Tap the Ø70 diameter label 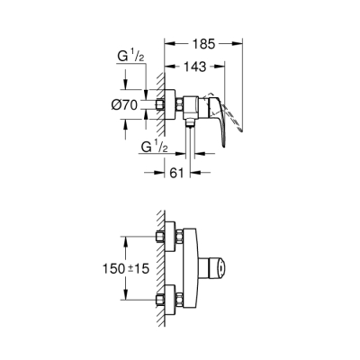(x=123, y=105)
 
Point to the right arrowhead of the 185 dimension (x=242, y=41)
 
